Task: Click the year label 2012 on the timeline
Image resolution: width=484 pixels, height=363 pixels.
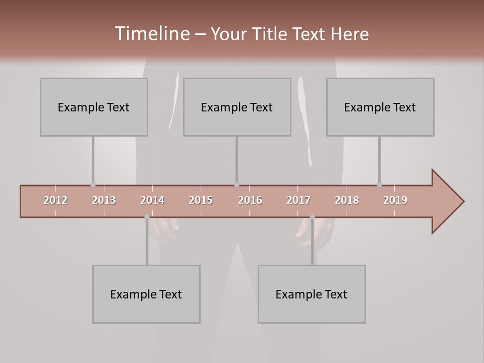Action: tap(55, 200)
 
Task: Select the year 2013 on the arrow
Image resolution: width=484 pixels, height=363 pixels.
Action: tap(104, 200)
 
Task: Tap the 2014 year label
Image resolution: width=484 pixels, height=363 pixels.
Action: tap(152, 200)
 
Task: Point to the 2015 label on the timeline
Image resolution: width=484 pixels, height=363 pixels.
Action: tap(201, 200)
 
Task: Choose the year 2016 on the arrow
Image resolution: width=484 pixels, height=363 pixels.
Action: tap(250, 200)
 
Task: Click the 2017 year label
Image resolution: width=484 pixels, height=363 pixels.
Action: tap(298, 200)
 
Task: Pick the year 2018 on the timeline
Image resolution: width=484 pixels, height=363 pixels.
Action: tap(347, 200)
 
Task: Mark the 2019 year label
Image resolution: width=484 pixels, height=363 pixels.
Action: tap(395, 200)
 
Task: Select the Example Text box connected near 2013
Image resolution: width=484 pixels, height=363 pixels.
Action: tap(94, 107)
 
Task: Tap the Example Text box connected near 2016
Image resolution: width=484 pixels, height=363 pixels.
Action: tap(237, 107)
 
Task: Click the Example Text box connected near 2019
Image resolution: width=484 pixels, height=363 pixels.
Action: tap(380, 107)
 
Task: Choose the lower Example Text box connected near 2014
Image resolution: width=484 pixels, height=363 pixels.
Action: tap(146, 294)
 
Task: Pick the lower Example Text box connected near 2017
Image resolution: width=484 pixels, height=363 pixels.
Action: tap(312, 294)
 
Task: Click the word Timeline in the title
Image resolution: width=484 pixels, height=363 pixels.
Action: tap(151, 33)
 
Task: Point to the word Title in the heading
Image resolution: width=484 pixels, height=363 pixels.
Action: tap(272, 34)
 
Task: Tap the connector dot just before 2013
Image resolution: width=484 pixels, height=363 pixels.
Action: tap(93, 185)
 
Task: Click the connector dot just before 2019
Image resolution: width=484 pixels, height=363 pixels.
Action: tap(379, 185)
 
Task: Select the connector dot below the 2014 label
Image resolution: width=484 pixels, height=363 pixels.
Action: tap(147, 217)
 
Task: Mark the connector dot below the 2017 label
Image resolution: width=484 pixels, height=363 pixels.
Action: tap(312, 217)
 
